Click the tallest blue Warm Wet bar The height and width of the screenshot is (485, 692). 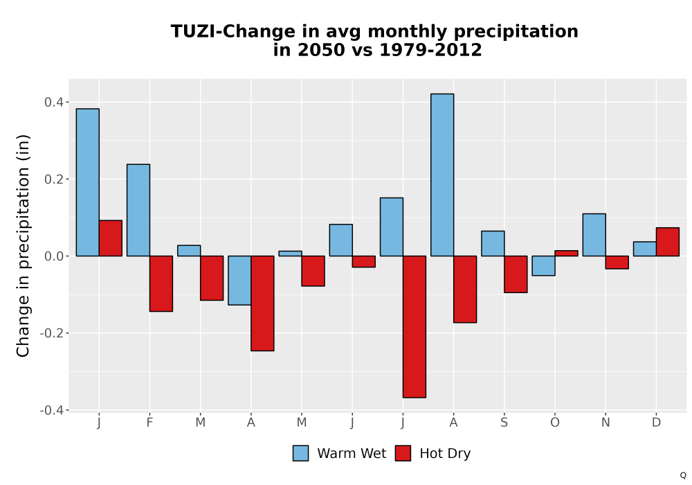pos(442,175)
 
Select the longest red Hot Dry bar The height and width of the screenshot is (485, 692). pos(415,327)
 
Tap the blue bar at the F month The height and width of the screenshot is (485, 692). pos(138,210)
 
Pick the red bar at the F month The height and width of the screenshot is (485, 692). pos(161,283)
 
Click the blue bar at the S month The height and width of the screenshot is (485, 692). pos(493,243)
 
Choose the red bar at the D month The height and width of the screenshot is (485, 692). pos(668,242)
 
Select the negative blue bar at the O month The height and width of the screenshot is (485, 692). pos(544,265)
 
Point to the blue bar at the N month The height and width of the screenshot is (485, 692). pos(594,235)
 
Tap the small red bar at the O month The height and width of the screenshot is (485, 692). pos(567,253)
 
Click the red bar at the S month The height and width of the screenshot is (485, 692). pos(516,274)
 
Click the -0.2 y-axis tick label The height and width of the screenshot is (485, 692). pos(52,333)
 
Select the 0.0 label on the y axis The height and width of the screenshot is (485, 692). pos(54,256)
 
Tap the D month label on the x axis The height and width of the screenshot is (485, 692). pos(656,423)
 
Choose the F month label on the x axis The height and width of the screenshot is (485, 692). pos(149,423)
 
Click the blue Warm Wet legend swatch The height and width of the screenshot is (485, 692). pos(300,453)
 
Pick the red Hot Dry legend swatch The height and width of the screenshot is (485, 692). pos(403,453)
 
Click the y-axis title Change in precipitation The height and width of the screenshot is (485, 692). pos(23,245)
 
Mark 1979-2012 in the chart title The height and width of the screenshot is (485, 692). pos(430,50)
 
